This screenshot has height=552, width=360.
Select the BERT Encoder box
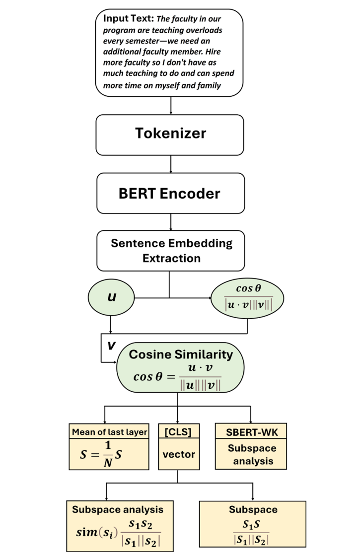pyautogui.click(x=170, y=193)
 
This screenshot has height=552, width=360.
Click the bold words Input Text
pyautogui.click(x=128, y=19)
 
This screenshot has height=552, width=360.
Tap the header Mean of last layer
pyautogui.click(x=109, y=432)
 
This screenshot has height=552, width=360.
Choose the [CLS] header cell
pyautogui.click(x=178, y=432)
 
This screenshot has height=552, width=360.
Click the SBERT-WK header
pyautogui.click(x=252, y=432)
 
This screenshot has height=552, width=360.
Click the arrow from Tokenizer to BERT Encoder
pyautogui.click(x=170, y=164)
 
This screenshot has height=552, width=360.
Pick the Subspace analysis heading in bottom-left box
pyautogui.click(x=118, y=509)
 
